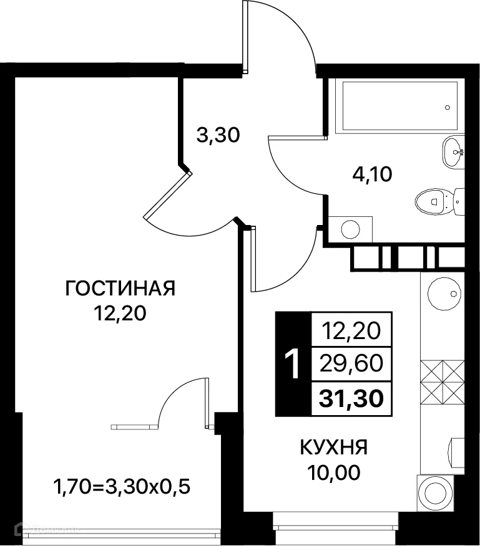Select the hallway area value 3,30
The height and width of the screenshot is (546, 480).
pos(218,135)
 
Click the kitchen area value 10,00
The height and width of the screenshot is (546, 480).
pos(333,473)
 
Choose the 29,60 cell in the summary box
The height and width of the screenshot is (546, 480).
pos(351,363)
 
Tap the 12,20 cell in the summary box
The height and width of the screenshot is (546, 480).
pos(351,329)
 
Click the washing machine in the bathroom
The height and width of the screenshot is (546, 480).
pos(350,229)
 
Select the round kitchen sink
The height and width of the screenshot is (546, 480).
pos(444,292)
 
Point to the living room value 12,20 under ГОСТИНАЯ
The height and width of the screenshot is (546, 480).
pos(120,314)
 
